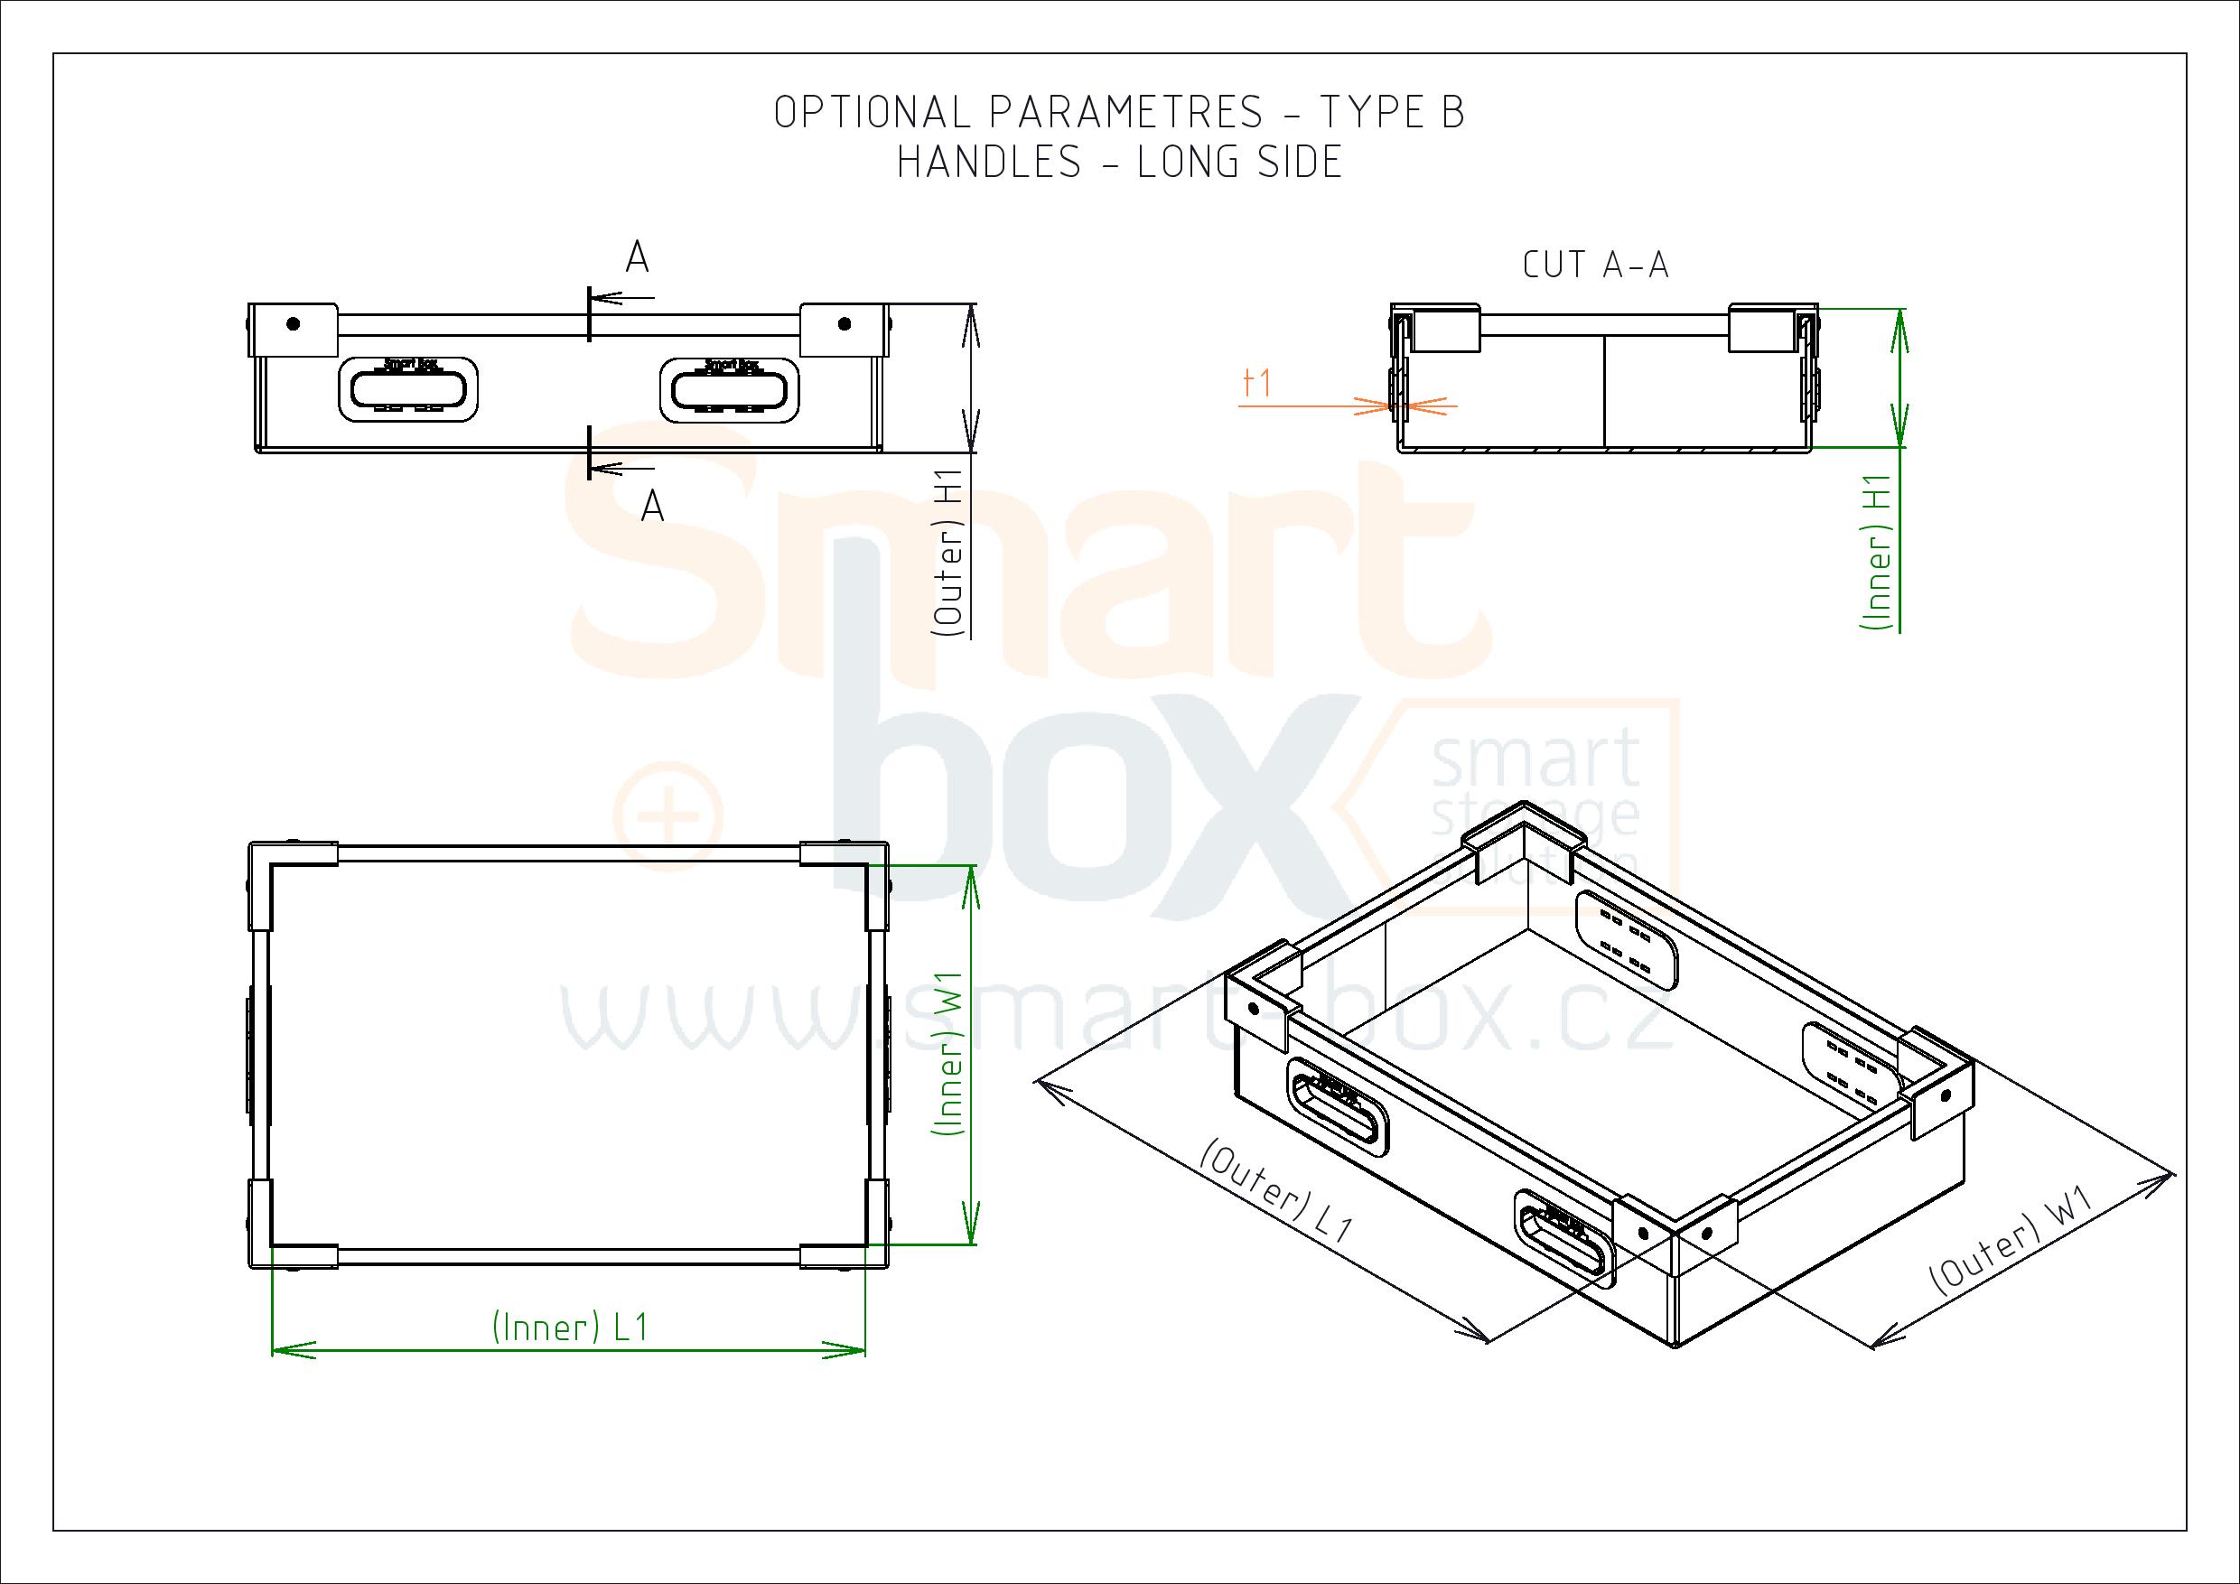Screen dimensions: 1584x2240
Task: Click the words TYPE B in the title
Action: [x=1391, y=113]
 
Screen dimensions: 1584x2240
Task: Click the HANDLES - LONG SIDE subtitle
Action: [x=1119, y=162]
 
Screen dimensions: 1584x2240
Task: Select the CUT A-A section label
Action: [x=1595, y=265]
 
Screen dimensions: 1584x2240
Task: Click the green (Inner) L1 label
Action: [x=570, y=1328]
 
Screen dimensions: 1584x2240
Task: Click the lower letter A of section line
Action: [x=652, y=508]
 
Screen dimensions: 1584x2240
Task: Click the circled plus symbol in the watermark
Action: [x=667, y=814]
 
